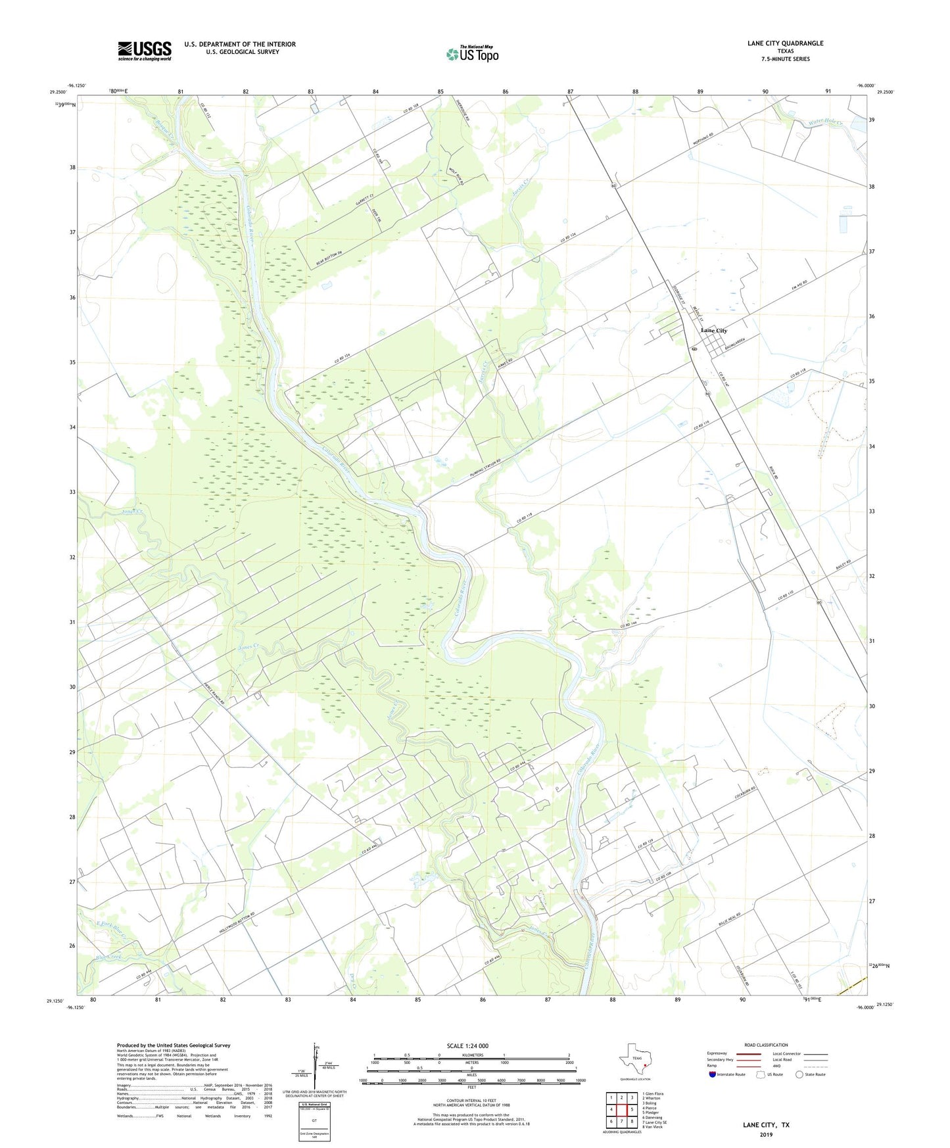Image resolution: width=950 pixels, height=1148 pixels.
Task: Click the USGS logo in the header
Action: (x=145, y=51)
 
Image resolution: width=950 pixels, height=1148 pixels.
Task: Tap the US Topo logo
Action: (x=472, y=54)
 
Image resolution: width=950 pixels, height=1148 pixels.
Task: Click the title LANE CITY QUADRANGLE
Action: (x=785, y=43)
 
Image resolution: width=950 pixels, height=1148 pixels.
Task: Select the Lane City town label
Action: (x=714, y=330)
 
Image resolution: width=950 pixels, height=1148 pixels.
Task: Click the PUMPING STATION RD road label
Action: (x=476, y=472)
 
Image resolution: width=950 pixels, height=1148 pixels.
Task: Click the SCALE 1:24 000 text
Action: (x=467, y=1046)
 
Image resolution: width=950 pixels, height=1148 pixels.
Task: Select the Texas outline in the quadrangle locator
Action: (x=634, y=1060)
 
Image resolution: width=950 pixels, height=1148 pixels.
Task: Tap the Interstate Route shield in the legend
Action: (x=713, y=1074)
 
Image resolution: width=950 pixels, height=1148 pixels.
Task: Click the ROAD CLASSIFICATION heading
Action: (x=766, y=1045)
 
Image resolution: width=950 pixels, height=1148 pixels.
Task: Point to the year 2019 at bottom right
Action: (x=766, y=1134)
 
